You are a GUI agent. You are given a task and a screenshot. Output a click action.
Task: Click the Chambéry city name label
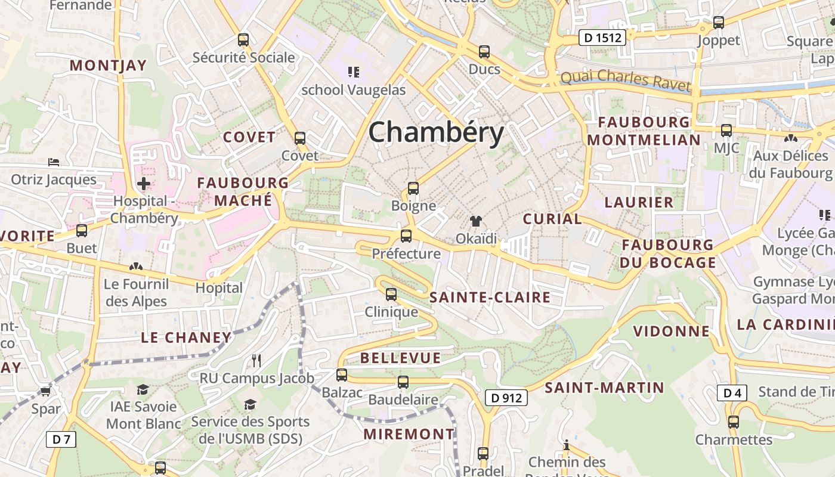tap(436, 132)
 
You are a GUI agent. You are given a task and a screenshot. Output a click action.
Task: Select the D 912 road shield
tap(506, 398)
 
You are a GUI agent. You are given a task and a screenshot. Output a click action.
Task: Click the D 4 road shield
tap(732, 393)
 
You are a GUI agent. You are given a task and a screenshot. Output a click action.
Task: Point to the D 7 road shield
tap(61, 440)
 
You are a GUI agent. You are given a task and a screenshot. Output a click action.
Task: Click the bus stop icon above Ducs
tap(484, 52)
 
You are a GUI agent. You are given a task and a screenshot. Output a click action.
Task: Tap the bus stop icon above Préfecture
tap(406, 236)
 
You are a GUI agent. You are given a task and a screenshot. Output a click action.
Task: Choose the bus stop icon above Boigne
tap(413, 189)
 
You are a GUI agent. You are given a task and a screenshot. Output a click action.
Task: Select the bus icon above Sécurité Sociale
tap(243, 40)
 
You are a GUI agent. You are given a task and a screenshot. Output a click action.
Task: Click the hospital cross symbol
tap(144, 184)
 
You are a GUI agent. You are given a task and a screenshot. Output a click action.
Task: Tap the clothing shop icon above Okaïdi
tap(475, 221)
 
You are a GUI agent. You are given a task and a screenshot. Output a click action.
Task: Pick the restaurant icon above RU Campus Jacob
tap(256, 360)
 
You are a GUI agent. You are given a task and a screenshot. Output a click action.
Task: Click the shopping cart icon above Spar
tap(45, 391)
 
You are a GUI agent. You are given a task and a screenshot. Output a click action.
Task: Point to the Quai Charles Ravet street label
tap(626, 79)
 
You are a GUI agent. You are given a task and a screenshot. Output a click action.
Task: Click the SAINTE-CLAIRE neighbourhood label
tap(490, 298)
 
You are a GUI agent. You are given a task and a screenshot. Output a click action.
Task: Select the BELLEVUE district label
tap(401, 358)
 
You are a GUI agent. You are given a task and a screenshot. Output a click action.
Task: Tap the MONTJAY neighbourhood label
tap(109, 66)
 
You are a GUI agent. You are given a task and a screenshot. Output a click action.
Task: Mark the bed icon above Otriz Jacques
tap(54, 162)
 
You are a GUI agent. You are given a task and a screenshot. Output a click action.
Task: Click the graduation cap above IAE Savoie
tap(143, 389)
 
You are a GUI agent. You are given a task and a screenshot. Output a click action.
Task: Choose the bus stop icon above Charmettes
tap(734, 422)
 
